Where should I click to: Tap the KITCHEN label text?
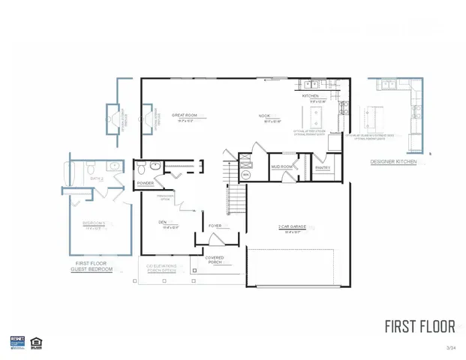[x=311, y=96]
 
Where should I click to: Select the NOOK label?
[x=265, y=115]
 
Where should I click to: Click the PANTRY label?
[x=323, y=168]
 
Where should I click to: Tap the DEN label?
[x=163, y=222]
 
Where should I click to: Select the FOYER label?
[x=215, y=225]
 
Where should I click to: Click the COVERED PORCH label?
[x=215, y=260]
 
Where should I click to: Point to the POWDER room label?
[x=146, y=183]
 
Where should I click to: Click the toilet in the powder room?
[x=141, y=166]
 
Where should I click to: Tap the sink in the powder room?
[x=155, y=166]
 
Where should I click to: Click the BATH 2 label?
[x=97, y=178]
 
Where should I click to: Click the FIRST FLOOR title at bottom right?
[x=419, y=326]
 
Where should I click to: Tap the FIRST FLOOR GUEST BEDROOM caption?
[x=92, y=265]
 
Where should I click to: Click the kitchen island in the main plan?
[x=314, y=116]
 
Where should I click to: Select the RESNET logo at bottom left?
[x=17, y=342]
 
